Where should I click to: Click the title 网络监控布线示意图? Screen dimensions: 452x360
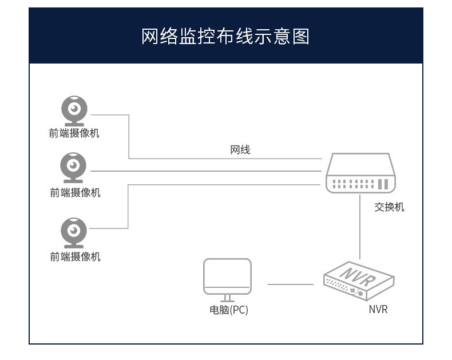225,37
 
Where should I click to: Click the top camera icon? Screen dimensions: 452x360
74,111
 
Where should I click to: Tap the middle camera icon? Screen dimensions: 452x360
73,168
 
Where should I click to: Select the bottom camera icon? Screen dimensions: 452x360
74,233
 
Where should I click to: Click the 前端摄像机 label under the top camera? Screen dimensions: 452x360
74,133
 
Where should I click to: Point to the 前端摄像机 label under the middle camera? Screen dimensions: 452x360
75,192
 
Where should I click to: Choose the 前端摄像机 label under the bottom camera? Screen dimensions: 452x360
75,256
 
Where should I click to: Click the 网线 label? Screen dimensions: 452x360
240,150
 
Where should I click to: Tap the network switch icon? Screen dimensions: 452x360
360,173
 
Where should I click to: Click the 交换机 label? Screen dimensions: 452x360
389,207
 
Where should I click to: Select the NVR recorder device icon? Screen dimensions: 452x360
359,281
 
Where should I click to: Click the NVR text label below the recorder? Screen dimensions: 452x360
378,309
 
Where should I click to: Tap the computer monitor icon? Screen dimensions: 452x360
228,280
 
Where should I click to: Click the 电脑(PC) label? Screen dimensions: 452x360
229,310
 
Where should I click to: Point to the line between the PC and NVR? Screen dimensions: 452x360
291,284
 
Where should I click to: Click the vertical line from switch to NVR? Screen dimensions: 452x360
360,227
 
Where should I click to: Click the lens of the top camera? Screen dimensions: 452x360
74,109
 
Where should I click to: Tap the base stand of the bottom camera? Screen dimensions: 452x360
74,246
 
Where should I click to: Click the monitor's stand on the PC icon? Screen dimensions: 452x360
228,299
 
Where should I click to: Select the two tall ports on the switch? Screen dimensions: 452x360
383,184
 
